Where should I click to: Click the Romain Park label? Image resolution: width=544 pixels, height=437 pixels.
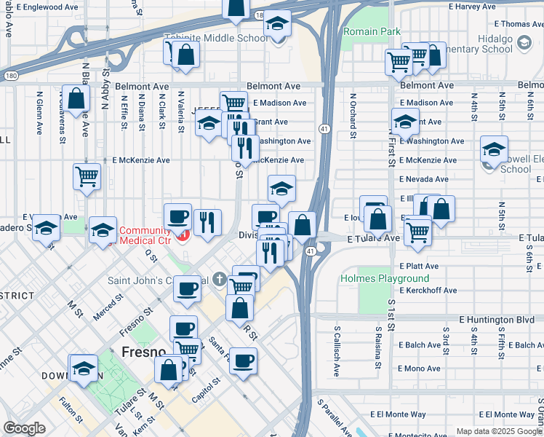click(372, 32)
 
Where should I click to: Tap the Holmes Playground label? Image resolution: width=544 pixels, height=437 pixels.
click(385, 278)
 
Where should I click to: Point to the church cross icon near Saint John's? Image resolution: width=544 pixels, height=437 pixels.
click(220, 278)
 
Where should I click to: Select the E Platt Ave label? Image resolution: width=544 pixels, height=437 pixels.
click(419, 267)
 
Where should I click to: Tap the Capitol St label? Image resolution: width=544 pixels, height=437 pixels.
click(206, 385)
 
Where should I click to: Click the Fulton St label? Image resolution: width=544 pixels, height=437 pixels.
click(71, 408)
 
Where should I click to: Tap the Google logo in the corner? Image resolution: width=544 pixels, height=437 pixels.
click(24, 428)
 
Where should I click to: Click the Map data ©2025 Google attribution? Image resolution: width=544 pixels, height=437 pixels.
click(498, 431)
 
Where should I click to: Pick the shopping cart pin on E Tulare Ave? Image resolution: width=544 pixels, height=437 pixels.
click(417, 231)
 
